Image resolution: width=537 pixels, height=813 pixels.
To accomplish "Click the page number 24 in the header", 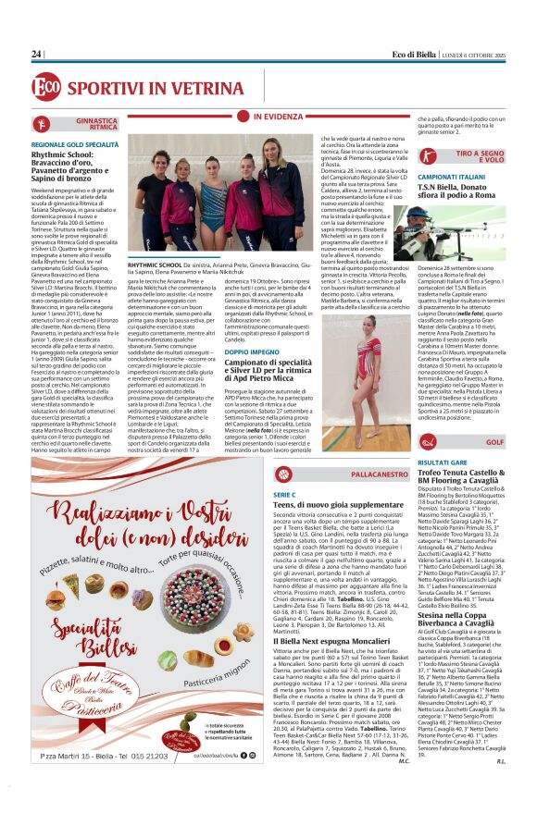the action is click(37, 55).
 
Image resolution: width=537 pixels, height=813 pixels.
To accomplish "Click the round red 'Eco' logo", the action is click(45, 87).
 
